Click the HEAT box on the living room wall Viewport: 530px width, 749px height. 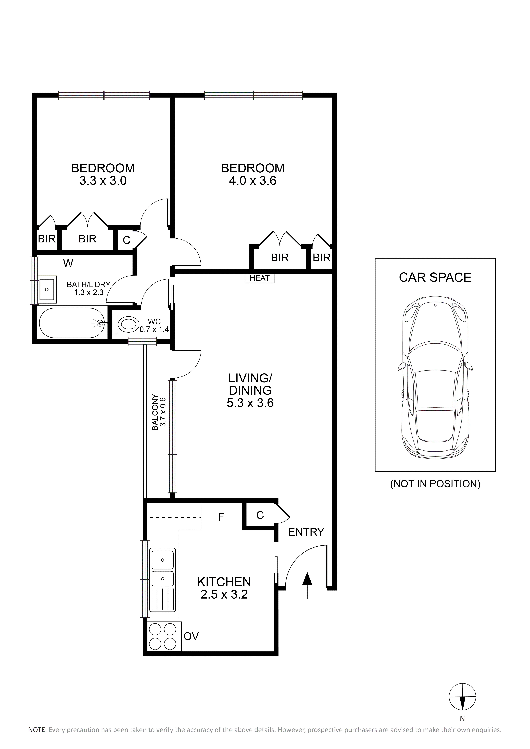tap(260, 278)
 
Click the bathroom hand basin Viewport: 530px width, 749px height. tap(47, 289)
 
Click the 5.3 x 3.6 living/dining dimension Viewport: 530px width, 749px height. tap(250, 403)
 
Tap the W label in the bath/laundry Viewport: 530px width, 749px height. tap(68, 263)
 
